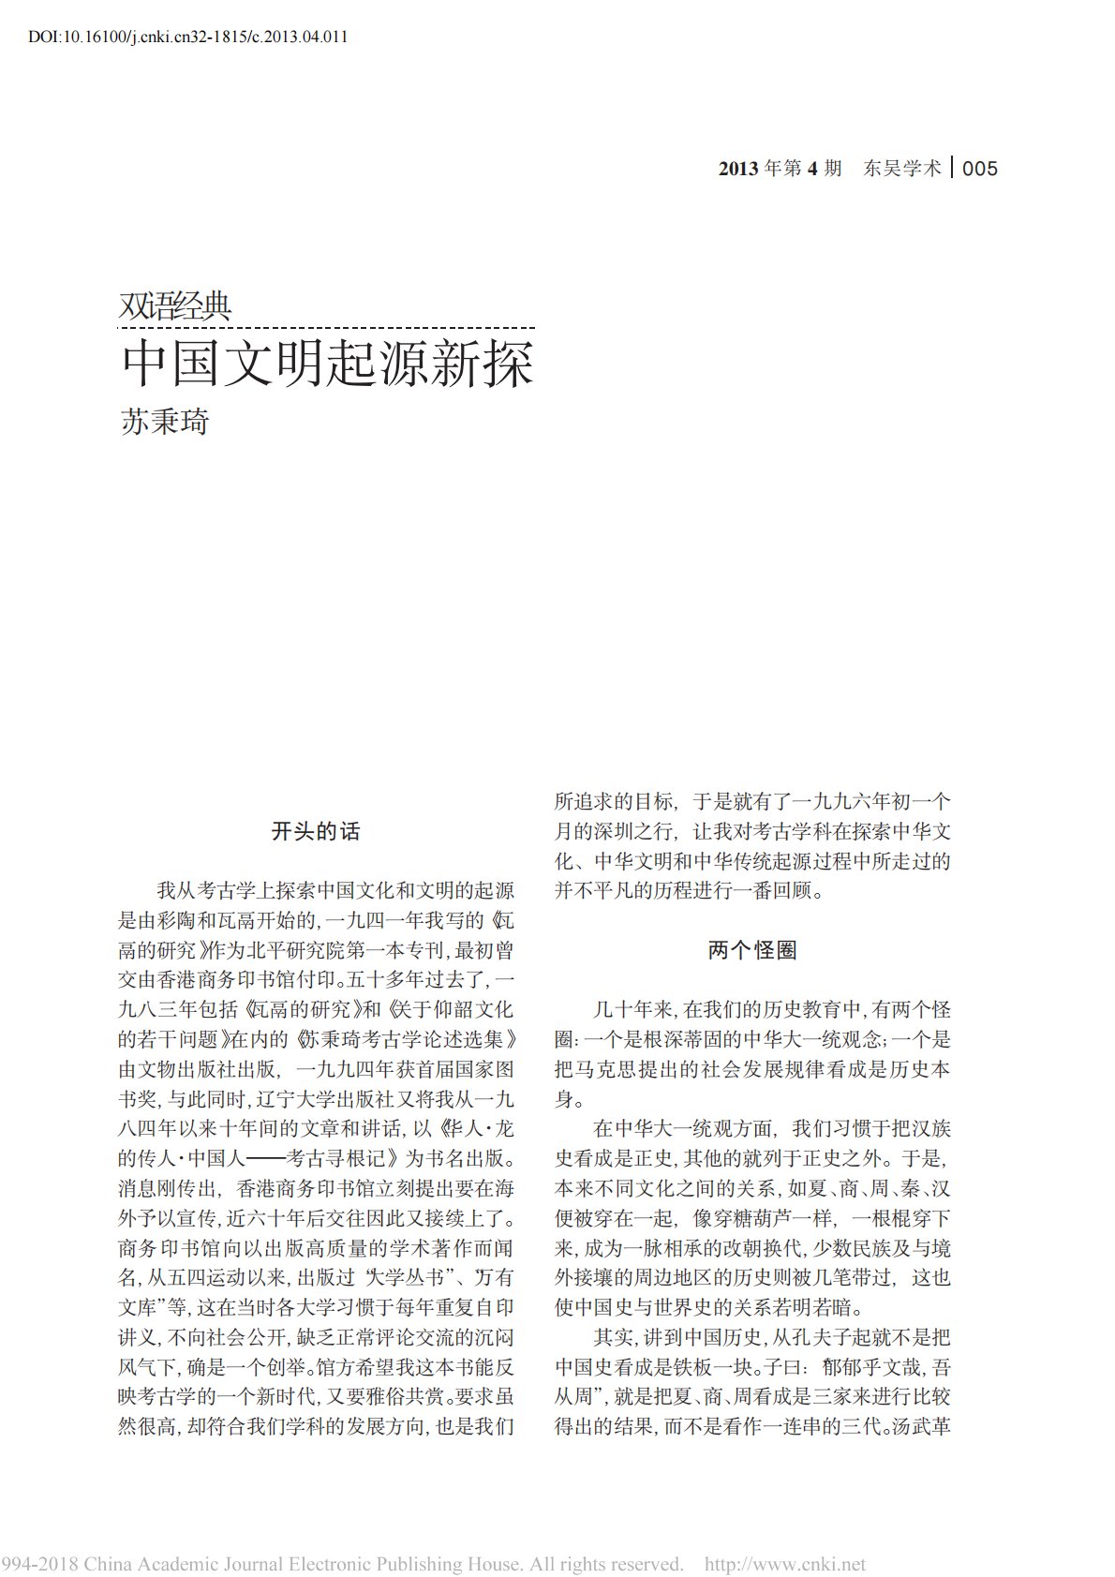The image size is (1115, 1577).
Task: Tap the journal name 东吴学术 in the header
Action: point(902,169)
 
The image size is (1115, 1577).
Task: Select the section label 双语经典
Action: point(175,306)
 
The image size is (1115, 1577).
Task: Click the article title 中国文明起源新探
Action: point(328,364)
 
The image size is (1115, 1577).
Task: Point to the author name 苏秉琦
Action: point(165,422)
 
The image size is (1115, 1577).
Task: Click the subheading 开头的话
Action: point(316,831)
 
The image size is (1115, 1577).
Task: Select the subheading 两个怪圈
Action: point(752,950)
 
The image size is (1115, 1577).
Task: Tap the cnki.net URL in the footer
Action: point(785,1564)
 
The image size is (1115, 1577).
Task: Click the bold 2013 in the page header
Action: point(738,169)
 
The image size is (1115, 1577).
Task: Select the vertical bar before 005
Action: point(953,169)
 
